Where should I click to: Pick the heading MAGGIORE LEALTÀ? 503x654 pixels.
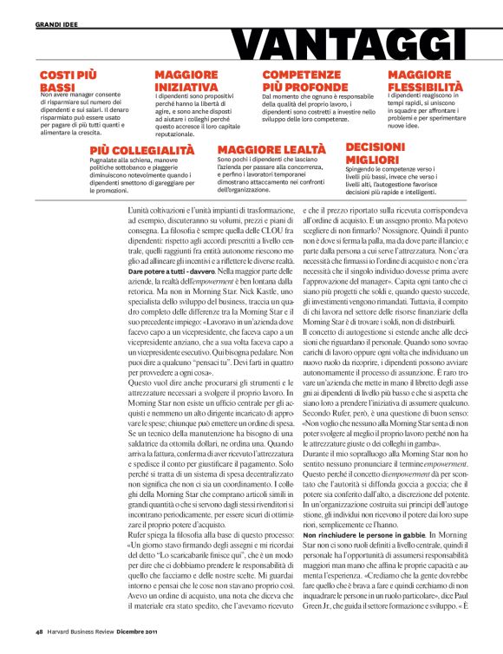[x=271, y=150]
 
